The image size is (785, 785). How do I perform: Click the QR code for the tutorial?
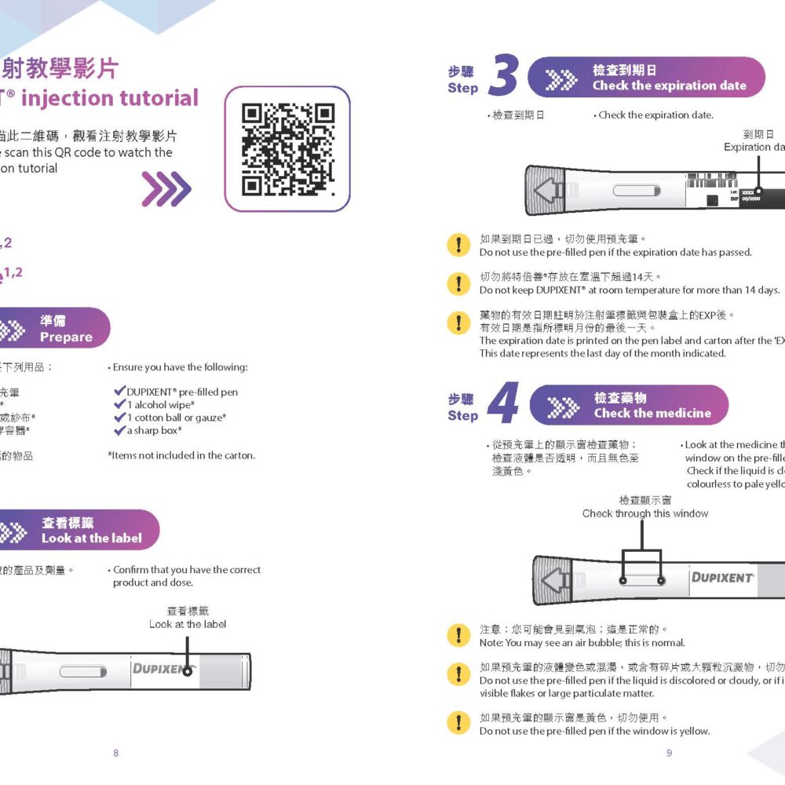[287, 149]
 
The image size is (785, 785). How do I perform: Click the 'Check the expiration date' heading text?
[669, 86]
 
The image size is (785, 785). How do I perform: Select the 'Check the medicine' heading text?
[652, 413]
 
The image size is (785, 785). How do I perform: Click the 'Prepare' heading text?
[66, 337]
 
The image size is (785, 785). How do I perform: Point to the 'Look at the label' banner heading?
[91, 539]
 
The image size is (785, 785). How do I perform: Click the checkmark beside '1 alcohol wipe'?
[119, 404]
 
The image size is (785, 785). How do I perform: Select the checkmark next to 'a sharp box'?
[119, 430]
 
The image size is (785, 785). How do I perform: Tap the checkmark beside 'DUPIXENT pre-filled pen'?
[119, 391]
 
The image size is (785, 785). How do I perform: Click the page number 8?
[116, 753]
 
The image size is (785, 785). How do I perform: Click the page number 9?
[669, 753]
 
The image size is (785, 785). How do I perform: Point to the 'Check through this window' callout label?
[644, 513]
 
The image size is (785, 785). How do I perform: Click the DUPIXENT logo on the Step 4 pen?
[722, 578]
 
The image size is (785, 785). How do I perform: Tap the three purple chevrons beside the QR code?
[166, 189]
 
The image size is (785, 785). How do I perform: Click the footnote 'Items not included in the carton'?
[181, 455]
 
